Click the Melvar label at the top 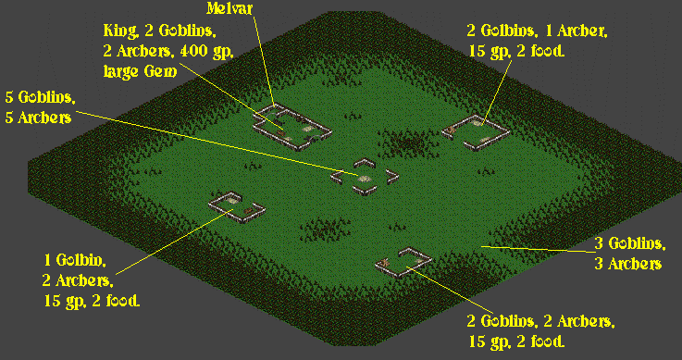pyautogui.click(x=229, y=8)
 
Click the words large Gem pyautogui.click(x=140, y=71)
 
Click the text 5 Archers pyautogui.click(x=38, y=118)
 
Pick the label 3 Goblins pyautogui.click(x=630, y=244)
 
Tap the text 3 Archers pyautogui.click(x=628, y=264)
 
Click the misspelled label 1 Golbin pyautogui.click(x=75, y=260)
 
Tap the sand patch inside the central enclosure pyautogui.click(x=364, y=179)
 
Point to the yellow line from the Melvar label pyautogui.click(x=264, y=60)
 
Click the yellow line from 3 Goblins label pyautogui.click(x=538, y=249)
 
